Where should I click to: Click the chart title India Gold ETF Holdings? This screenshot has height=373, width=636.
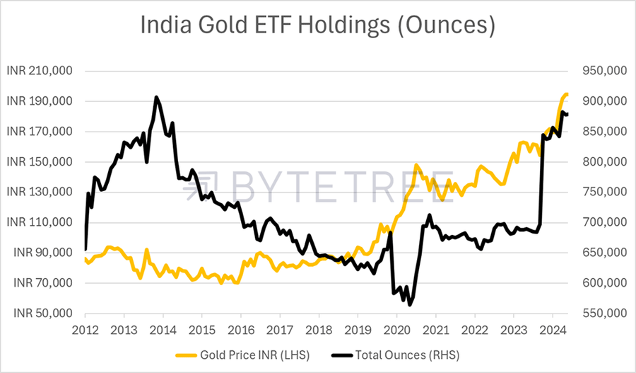tap(317, 26)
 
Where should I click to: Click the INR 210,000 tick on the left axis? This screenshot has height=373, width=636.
tap(40, 71)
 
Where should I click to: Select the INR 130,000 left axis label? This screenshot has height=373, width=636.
tap(40, 193)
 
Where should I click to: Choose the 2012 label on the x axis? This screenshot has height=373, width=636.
tap(85, 328)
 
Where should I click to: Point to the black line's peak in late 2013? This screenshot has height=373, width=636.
tap(156, 97)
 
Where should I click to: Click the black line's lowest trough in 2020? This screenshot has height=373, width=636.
tap(410, 305)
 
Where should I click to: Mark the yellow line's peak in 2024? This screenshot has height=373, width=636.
tap(565, 94)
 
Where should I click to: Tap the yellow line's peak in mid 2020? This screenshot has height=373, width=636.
tap(417, 166)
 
